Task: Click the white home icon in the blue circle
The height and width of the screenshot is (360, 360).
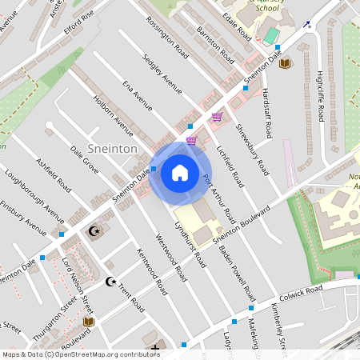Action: (x=179, y=172)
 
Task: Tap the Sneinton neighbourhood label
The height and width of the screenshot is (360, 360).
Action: (x=113, y=149)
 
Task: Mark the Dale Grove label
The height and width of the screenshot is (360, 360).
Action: (x=84, y=160)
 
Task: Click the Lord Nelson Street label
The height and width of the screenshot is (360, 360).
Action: (x=78, y=285)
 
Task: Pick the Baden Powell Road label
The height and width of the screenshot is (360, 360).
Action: (x=233, y=256)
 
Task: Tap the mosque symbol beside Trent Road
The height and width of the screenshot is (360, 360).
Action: (x=110, y=282)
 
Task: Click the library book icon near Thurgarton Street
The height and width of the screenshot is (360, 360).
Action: (x=88, y=322)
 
